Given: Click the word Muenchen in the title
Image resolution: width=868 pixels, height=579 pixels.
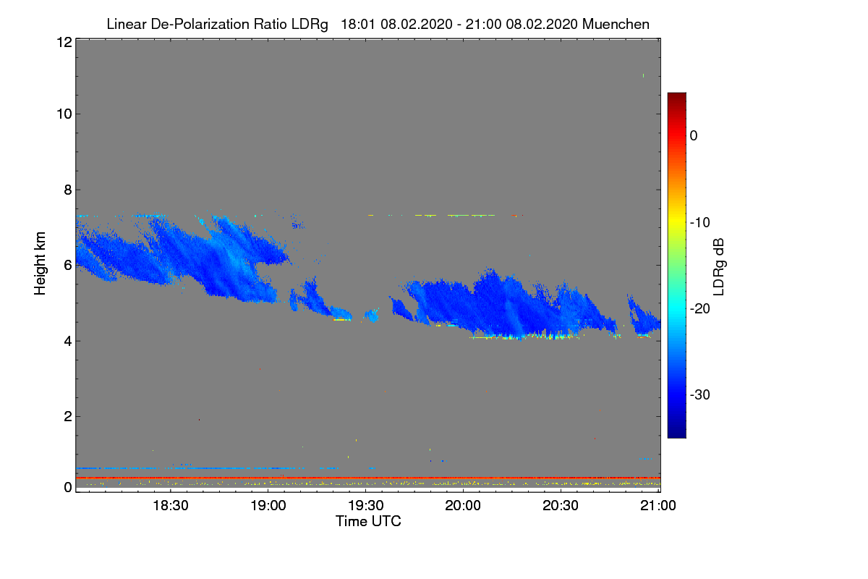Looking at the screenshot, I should [616, 24].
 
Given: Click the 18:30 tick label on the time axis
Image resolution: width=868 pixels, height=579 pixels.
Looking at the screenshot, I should [171, 506].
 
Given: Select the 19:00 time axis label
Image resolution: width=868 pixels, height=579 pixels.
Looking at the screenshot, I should [269, 506].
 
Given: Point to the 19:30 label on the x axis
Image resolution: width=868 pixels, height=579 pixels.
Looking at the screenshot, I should [367, 506].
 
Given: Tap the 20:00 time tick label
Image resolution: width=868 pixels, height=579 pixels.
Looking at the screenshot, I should [464, 506].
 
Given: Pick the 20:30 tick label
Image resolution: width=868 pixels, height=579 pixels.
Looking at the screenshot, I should [561, 506].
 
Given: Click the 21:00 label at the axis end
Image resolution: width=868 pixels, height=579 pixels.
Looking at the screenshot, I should [658, 506].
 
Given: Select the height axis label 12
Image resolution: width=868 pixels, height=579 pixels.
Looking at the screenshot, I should [63, 42].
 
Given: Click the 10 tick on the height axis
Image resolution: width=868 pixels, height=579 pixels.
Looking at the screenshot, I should [63, 114].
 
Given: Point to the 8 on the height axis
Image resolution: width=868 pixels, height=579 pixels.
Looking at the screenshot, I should [67, 190].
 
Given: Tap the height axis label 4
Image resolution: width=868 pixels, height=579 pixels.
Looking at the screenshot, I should [67, 340].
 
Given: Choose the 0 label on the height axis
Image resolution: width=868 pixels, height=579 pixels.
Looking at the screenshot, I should [67, 488].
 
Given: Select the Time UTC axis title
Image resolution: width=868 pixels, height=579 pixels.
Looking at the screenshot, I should [368, 521].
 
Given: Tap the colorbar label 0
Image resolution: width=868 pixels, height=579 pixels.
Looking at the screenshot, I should [694, 135].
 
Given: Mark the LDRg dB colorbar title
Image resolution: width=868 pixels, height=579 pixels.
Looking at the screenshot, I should [718, 266].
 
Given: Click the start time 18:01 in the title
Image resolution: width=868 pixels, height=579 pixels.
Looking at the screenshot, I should [356, 24].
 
